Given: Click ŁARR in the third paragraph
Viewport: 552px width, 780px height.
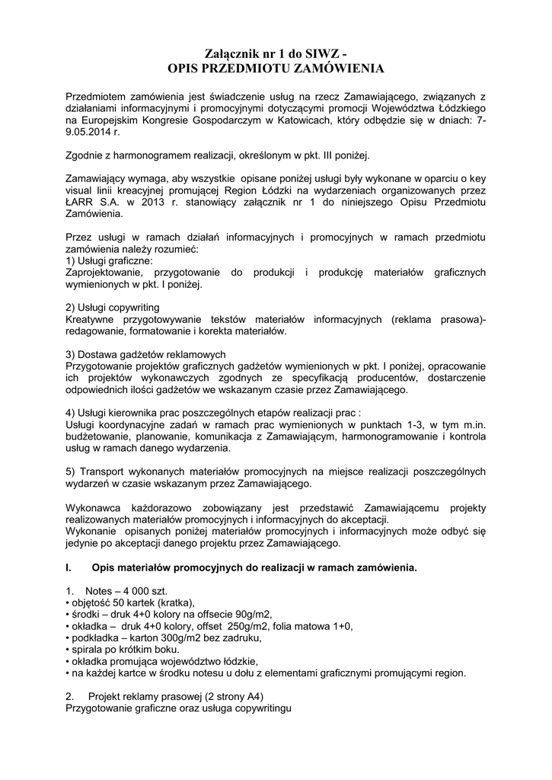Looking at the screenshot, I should (x=80, y=203).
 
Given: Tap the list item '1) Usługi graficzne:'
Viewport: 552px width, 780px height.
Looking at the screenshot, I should (x=110, y=261).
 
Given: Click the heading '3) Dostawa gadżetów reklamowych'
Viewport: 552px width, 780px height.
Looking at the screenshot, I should (x=145, y=356).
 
